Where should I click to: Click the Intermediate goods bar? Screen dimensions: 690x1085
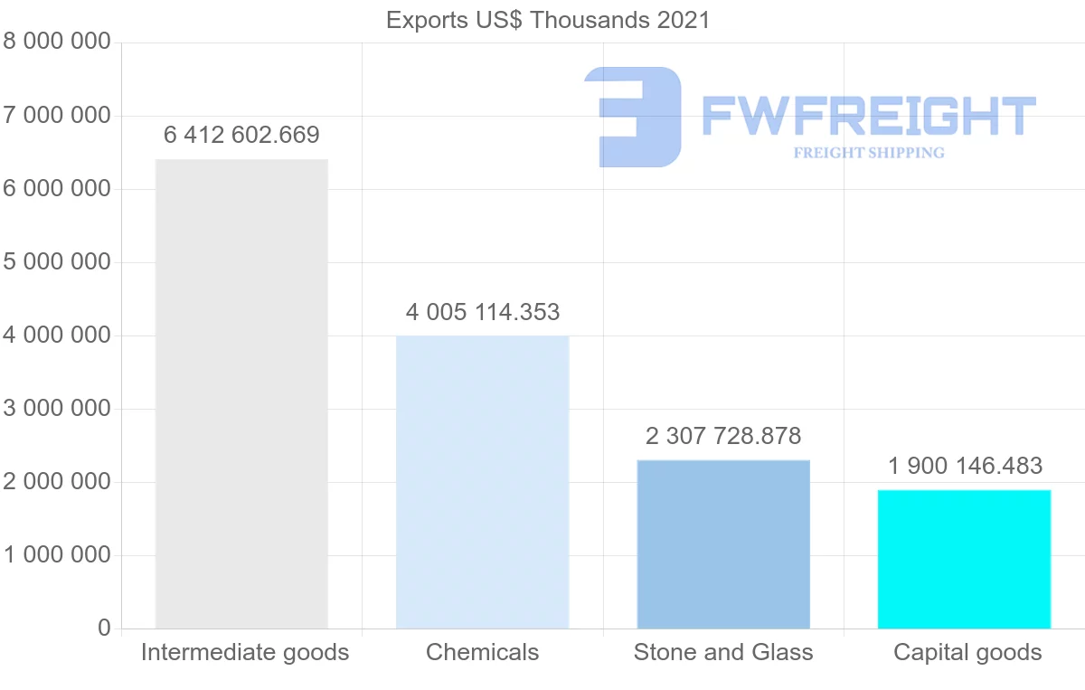point(241,393)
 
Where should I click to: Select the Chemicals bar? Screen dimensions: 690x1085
point(482,482)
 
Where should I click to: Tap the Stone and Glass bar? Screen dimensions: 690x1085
point(723,543)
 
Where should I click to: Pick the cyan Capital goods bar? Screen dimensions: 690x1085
point(964,559)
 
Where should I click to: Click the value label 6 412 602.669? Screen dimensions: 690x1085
point(241,136)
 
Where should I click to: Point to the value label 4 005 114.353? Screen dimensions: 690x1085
point(482,313)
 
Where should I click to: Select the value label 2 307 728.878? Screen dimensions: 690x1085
point(723,437)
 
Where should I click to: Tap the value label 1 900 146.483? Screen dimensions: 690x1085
point(965,467)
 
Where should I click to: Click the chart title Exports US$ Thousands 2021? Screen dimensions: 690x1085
point(548,20)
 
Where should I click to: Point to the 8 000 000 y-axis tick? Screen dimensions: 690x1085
point(57,42)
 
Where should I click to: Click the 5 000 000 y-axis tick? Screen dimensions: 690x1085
point(57,262)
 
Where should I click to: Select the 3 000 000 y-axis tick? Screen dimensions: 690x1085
point(57,409)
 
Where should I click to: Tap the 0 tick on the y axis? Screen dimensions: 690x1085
point(104,629)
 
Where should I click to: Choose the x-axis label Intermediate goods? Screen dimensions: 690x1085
point(245,653)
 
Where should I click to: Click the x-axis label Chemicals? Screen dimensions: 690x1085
point(482,653)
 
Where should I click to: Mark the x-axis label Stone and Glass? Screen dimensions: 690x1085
point(723,653)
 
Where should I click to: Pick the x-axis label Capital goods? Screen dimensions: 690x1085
point(967,653)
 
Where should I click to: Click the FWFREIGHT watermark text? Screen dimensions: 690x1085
point(868,117)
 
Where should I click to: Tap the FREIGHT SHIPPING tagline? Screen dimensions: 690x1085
point(869,153)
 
